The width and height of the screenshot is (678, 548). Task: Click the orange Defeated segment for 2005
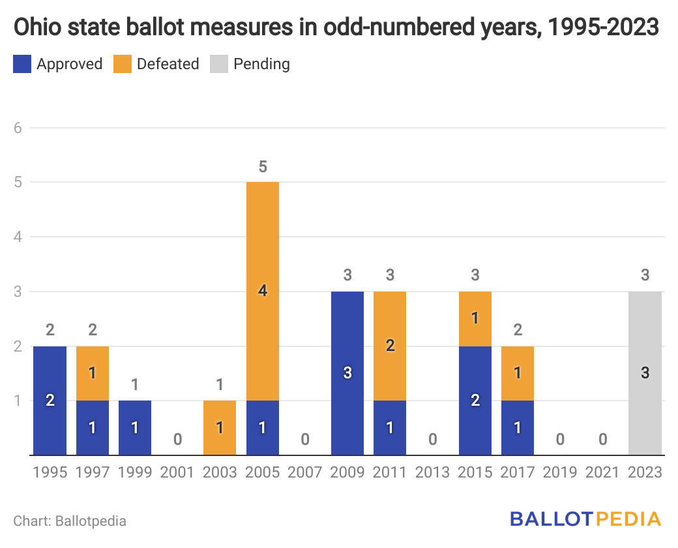263,291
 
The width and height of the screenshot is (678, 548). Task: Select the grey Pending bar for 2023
645,373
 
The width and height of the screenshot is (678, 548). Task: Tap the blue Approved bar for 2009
347,373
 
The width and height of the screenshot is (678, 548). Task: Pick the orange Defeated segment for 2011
390,346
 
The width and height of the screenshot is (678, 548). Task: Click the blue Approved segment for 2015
475,400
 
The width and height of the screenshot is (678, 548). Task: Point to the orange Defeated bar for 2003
220,427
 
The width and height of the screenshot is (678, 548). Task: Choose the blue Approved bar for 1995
50,400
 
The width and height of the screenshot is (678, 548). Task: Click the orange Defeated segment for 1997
93,373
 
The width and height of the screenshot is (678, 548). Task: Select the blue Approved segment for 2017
518,427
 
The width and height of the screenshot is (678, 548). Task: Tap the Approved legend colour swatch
22,64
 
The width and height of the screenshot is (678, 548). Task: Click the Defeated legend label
168,64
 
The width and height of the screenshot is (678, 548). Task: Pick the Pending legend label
261,64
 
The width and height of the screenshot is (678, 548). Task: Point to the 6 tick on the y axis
18,128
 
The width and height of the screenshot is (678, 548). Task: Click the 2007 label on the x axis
305,472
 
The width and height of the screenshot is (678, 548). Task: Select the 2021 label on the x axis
602,472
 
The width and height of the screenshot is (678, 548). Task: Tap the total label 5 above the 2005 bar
263,167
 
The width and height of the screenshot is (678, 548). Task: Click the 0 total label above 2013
432,439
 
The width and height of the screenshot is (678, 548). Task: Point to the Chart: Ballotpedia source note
70,521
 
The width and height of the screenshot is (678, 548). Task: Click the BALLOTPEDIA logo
585,519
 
